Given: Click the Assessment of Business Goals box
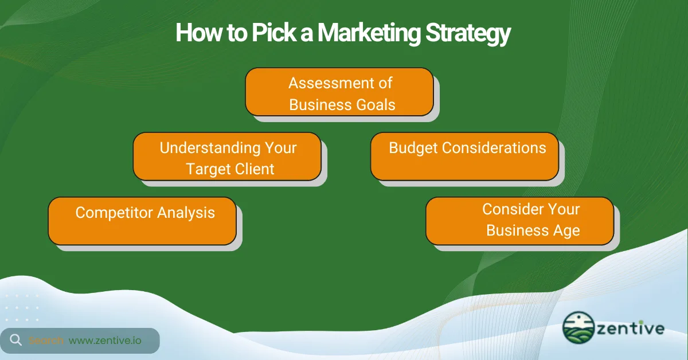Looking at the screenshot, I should (339, 92).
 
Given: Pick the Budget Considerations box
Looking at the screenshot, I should (464, 156).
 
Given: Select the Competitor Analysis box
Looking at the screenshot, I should (142, 221).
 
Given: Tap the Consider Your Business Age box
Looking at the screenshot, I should (519, 221).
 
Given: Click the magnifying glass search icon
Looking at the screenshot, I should (15, 341).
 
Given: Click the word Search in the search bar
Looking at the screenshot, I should (46, 341).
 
